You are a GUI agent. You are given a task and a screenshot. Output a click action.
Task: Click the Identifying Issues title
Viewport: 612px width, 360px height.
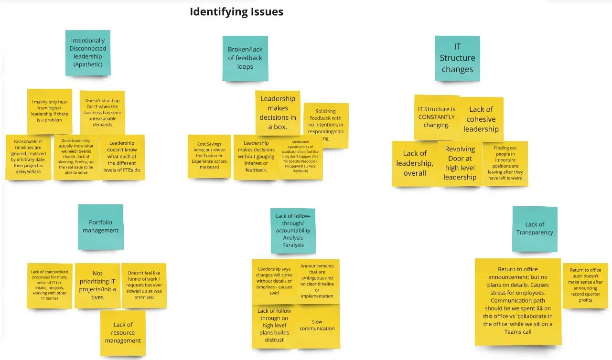click(236, 11)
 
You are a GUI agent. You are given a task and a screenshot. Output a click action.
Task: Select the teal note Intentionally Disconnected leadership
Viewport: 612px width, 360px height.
click(88, 53)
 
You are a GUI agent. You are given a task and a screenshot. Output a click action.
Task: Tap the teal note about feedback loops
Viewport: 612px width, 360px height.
click(245, 58)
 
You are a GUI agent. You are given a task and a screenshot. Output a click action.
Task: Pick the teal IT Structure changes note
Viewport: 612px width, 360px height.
click(457, 58)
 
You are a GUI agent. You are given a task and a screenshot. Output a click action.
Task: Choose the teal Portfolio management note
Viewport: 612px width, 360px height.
click(100, 227)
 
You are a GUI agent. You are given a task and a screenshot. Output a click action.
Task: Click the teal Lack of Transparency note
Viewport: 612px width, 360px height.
click(535, 229)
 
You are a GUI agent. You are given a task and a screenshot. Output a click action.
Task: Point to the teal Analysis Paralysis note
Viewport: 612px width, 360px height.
click(293, 231)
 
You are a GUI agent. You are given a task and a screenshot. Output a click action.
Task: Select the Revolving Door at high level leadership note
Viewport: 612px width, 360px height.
click(460, 163)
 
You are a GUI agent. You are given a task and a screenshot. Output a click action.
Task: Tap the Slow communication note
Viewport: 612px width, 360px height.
click(317, 326)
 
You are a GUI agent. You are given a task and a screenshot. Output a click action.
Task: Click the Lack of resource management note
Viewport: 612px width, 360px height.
click(123, 333)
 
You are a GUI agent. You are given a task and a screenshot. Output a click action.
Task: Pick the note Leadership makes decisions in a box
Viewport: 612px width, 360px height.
click(278, 113)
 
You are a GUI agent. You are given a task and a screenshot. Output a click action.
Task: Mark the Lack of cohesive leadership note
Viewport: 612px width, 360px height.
click(481, 119)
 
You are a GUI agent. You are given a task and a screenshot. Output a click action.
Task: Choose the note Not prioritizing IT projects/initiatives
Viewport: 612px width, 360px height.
click(97, 286)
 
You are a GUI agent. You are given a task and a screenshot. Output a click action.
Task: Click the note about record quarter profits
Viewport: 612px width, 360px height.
click(585, 286)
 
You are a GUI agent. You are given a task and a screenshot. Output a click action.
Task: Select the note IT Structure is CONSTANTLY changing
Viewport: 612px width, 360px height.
click(436, 117)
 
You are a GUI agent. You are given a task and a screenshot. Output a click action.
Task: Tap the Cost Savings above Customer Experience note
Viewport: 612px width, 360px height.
click(209, 156)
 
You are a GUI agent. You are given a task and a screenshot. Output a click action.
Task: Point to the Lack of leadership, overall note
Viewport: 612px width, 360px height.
click(414, 163)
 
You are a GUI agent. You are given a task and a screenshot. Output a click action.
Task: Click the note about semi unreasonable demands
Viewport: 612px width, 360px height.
click(102, 113)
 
